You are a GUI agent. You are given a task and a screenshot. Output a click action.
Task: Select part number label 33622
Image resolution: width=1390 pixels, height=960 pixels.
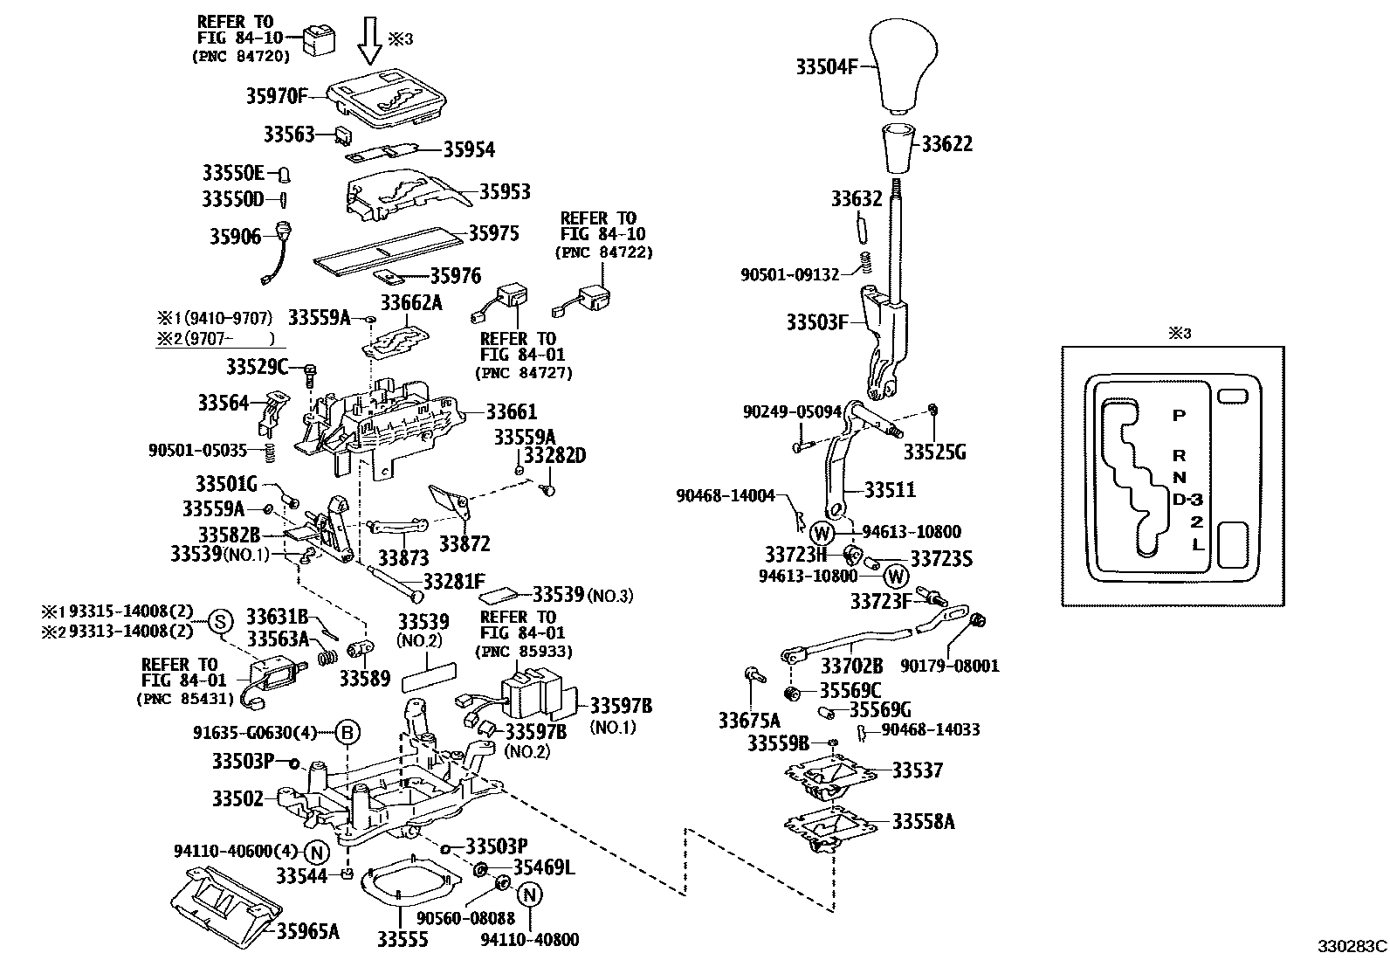[x=946, y=144]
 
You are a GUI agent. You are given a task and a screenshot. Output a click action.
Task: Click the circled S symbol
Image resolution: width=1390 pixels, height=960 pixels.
[x=221, y=621]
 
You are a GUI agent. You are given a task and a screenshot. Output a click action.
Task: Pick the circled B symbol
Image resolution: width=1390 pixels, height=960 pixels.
[x=347, y=733]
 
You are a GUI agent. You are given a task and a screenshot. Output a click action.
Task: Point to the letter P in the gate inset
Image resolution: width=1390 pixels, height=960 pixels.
[x=1179, y=416]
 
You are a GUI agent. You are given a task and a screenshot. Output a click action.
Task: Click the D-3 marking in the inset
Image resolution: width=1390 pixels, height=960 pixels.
[x=1187, y=500]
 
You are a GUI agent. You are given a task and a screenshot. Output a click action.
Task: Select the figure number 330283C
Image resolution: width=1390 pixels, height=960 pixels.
[x=1352, y=945]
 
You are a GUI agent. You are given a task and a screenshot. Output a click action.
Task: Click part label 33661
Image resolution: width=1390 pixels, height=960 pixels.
[x=511, y=411]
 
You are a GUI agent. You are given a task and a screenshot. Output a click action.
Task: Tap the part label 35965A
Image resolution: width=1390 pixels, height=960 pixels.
[x=307, y=931]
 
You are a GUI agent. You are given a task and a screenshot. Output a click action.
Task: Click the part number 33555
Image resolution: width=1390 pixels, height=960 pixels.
[x=403, y=939]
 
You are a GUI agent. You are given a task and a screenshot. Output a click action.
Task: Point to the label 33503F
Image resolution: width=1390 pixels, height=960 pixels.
[x=816, y=322]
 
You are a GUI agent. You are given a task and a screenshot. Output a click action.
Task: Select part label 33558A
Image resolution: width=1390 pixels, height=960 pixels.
[x=923, y=821]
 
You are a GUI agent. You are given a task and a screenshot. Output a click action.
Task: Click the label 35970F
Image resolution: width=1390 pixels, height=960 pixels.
[x=277, y=96]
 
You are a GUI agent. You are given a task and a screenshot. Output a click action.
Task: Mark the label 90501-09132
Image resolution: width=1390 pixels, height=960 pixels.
[x=789, y=274]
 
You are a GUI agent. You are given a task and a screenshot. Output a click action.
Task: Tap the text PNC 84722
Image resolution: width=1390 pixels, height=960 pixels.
[x=603, y=252]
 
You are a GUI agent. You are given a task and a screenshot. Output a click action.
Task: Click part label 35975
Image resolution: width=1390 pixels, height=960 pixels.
[x=493, y=233]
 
